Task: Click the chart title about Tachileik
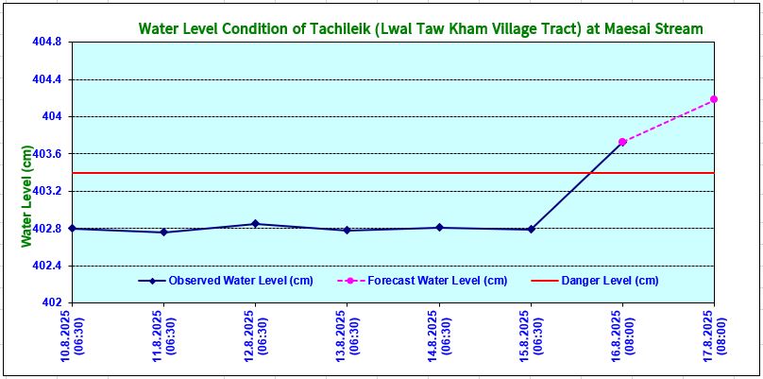click(x=420, y=29)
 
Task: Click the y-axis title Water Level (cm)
click(x=27, y=198)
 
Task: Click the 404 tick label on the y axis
click(x=52, y=116)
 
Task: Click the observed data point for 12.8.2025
click(x=255, y=224)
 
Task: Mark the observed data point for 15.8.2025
click(x=531, y=229)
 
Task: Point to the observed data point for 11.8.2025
click(x=163, y=233)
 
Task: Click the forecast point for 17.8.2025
click(x=714, y=99)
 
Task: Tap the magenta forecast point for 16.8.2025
click(x=622, y=142)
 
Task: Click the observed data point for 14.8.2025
click(x=439, y=227)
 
